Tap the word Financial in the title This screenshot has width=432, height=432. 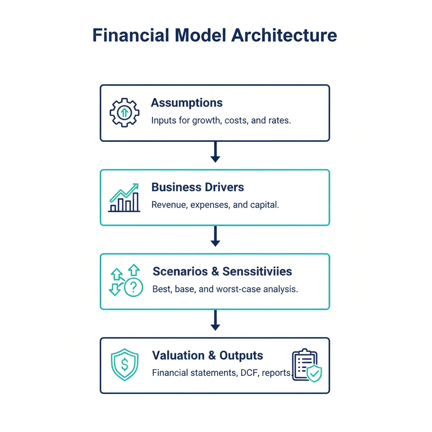(124, 35)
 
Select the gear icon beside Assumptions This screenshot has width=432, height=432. (124, 113)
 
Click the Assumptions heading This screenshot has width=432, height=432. (187, 103)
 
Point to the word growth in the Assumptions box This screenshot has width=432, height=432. (207, 120)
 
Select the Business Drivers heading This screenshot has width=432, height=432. (197, 187)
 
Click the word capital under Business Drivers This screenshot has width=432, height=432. (266, 205)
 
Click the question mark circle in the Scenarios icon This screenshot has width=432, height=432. (133, 288)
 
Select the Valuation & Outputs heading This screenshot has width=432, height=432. (208, 355)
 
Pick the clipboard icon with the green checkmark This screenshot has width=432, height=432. (306, 366)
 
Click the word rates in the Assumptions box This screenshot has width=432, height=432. (279, 120)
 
